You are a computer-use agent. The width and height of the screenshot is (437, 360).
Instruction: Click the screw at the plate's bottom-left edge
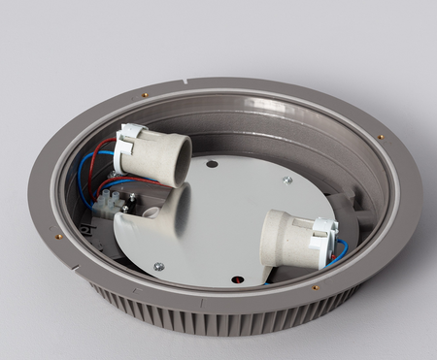coord(159,266)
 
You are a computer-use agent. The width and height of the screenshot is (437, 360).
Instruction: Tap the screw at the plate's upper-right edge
coord(287,180)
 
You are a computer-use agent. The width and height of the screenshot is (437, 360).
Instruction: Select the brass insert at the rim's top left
coord(145,95)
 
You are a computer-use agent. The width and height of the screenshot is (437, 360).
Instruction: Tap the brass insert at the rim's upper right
coord(380,137)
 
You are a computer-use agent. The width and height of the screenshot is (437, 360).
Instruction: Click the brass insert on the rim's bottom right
coord(316,287)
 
